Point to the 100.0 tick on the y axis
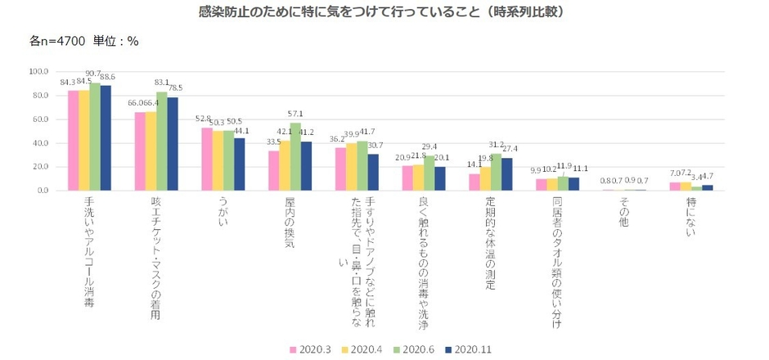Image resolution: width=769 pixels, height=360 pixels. [38, 72]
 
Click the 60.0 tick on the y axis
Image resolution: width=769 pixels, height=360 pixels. [40, 119]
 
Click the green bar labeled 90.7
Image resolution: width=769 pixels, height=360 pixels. [95, 137]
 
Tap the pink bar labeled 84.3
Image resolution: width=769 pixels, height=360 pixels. [73, 141]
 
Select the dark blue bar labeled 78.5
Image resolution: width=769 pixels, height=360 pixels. [173, 144]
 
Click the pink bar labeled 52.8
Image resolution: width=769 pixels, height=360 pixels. [207, 160]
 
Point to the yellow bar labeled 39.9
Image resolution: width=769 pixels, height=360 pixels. [352, 167]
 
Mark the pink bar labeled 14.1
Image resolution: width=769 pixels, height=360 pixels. [474, 182]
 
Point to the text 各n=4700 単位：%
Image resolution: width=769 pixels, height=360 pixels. [84, 40]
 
